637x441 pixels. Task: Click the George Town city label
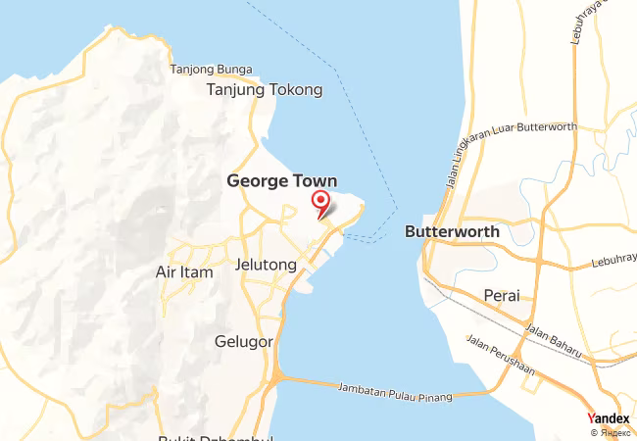pyautogui.click(x=282, y=181)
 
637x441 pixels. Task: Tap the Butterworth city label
pyautogui.click(x=452, y=232)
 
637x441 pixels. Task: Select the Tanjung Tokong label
pyautogui.click(x=264, y=90)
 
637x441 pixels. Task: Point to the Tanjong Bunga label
pyautogui.click(x=211, y=70)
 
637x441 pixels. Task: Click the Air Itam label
pyautogui.click(x=184, y=272)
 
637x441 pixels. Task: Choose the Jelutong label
pyautogui.click(x=266, y=265)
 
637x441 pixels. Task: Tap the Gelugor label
pyautogui.click(x=241, y=341)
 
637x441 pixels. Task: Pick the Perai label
pyautogui.click(x=502, y=295)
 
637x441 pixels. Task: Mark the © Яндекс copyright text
pyautogui.click(x=611, y=432)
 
